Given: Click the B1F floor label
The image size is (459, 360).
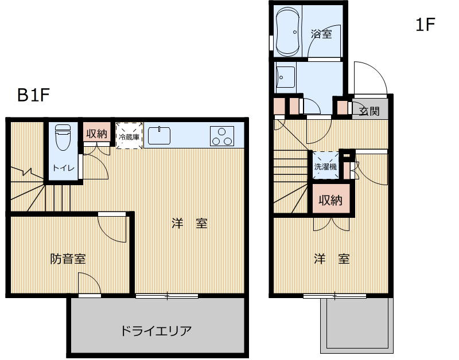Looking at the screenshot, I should [x=34, y=95].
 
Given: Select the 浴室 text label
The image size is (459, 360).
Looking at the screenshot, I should [x=321, y=34].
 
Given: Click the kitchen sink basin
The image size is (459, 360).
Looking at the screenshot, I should [x=159, y=136].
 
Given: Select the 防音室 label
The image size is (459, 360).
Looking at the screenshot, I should [x=68, y=259].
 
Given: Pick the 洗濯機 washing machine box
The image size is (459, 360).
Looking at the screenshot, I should [x=325, y=167].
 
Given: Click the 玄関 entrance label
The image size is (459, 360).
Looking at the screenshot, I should [x=369, y=111].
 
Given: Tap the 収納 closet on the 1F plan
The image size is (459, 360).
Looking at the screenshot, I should [x=330, y=200].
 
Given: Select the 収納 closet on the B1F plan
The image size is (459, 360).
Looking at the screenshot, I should [x=96, y=134].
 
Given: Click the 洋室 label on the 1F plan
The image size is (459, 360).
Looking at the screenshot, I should [x=332, y=259].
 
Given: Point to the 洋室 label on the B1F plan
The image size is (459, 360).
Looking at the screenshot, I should [x=189, y=224].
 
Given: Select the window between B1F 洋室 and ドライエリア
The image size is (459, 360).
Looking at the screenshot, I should [x=167, y=296].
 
